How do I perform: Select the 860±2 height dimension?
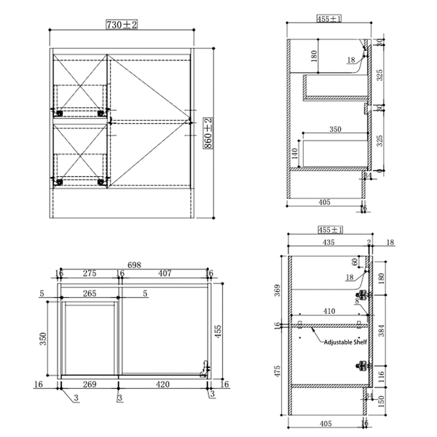click(208, 133)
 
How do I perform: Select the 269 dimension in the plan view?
click(89, 384)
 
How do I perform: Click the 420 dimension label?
click(162, 384)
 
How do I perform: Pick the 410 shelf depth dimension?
click(330, 311)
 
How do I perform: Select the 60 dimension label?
click(355, 261)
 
